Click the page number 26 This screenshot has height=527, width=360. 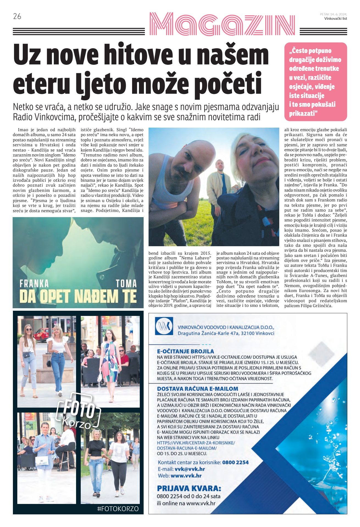(x=17, y=16)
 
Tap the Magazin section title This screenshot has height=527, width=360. (x=222, y=24)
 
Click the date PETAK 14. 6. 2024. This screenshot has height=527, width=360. (x=333, y=14)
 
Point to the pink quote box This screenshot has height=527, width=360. (x=316, y=82)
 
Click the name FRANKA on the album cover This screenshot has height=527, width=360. (x=34, y=284)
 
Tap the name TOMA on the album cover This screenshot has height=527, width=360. (x=126, y=284)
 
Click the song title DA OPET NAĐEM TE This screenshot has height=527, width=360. (x=78, y=296)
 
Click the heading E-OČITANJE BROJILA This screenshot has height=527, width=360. (x=185, y=351)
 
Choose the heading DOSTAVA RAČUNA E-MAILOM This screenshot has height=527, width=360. (x=197, y=389)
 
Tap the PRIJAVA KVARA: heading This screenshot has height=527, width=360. (x=189, y=488)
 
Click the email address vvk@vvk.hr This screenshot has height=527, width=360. (x=190, y=469)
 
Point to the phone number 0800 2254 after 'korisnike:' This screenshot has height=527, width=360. (x=235, y=462)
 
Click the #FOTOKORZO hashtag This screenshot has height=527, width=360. (x=118, y=509)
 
